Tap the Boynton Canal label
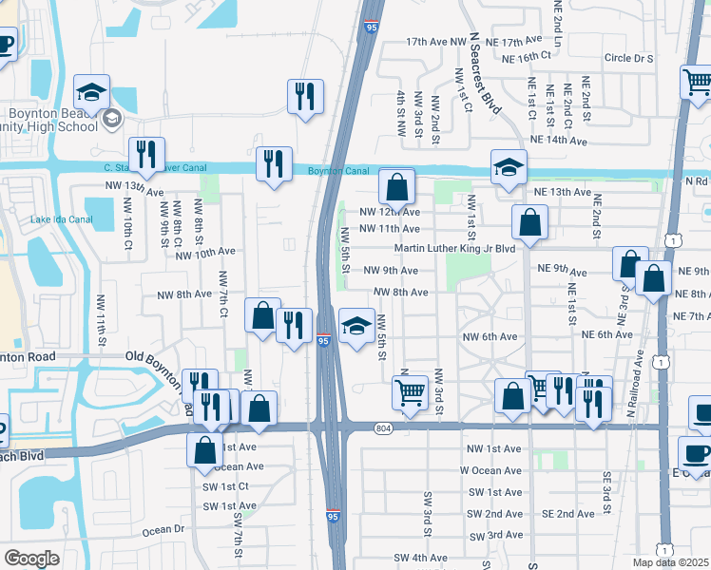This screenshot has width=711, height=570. click(337, 171)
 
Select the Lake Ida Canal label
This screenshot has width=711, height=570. click(61, 219)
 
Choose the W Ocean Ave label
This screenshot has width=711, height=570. click(490, 470)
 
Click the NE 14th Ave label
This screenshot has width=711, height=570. click(558, 140)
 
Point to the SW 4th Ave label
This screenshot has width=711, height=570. click(420, 558)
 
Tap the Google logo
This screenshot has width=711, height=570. click(31, 559)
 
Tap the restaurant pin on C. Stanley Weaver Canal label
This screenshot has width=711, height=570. click(146, 155)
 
